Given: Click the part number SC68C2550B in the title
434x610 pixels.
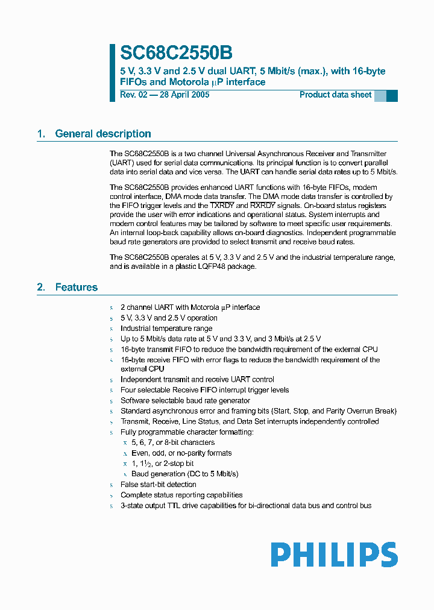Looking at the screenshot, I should coord(176,54).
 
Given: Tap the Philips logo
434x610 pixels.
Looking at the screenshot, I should coord(334,555).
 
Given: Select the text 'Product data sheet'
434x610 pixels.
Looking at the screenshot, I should coord(335,95).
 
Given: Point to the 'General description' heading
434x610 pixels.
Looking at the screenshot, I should coord(103,134).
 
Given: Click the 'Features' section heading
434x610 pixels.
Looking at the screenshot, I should coord(77,287).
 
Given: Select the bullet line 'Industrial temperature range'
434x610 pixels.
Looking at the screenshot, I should coord(166,329).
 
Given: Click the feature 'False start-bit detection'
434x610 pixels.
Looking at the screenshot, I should coord(158,484).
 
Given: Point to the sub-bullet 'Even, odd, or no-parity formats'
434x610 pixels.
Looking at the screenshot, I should coord(181,453).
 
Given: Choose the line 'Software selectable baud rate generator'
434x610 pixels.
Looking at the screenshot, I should coord(185,400).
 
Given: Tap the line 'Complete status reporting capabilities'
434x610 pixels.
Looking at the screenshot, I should coord(181,495).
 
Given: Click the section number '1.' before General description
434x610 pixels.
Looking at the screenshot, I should coord(42,134).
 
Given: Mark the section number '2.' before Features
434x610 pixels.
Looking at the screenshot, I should coord(42,287).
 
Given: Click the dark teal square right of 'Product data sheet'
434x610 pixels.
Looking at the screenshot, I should coord(392,95).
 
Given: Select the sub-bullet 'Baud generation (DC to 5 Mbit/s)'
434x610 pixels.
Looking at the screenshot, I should coord(184,474).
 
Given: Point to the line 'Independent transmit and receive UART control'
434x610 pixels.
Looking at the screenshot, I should coord(197,379).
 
